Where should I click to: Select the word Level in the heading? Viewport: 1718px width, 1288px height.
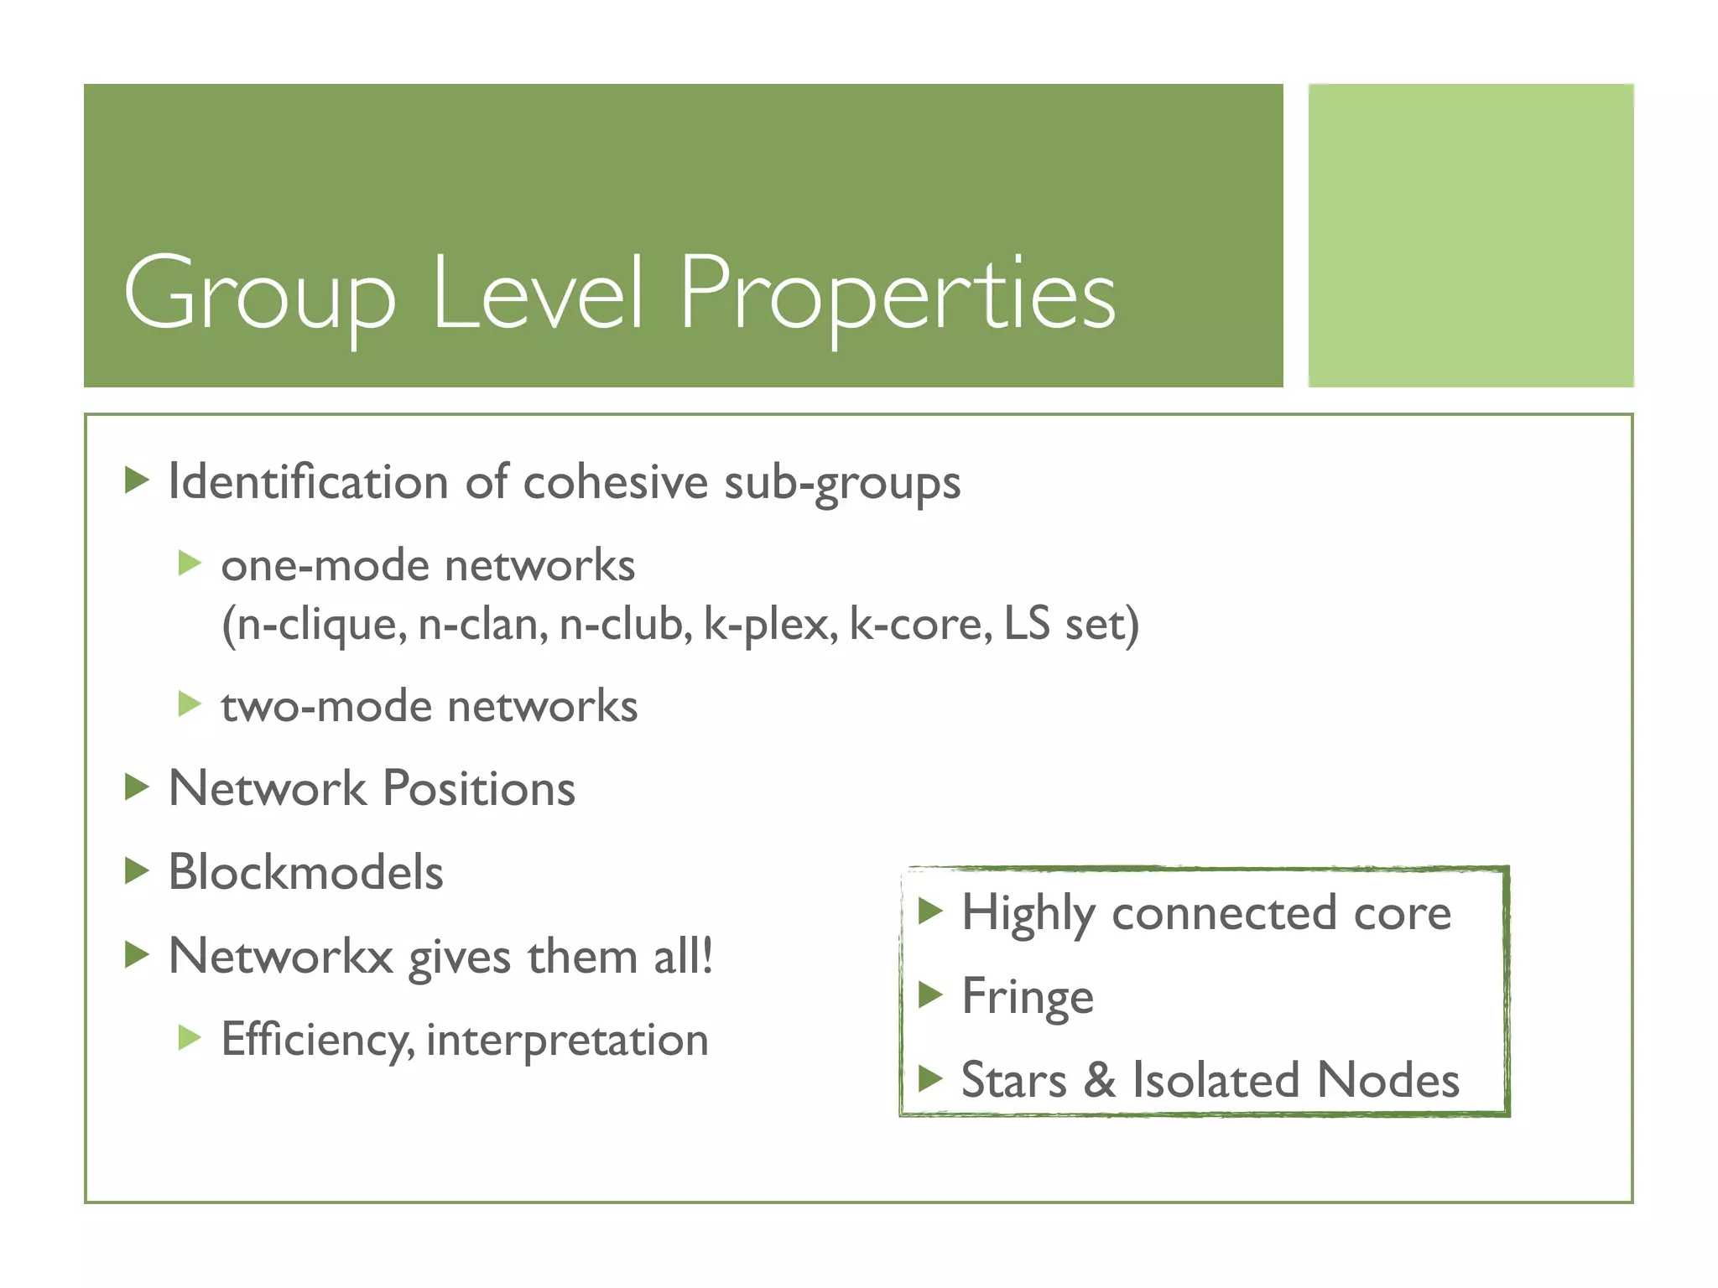click(537, 293)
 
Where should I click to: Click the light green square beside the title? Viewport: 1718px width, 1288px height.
click(1471, 236)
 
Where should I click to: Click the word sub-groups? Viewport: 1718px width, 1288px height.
click(841, 484)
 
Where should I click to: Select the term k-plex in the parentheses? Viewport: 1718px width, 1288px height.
click(770, 625)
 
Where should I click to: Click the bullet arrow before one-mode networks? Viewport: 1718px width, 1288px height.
click(190, 563)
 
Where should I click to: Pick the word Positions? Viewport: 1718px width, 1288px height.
click(479, 789)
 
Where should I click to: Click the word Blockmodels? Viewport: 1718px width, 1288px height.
click(305, 872)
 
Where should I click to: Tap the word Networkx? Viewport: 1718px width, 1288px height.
click(280, 957)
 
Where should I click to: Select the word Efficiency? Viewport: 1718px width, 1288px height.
click(317, 1041)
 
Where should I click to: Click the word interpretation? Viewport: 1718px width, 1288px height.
click(567, 1041)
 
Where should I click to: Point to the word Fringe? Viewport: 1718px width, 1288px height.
click(1027, 997)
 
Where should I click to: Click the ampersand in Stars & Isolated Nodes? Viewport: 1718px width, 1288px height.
click(1100, 1080)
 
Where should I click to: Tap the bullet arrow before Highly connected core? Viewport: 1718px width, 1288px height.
click(930, 911)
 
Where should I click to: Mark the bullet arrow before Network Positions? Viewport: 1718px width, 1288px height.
click(137, 787)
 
